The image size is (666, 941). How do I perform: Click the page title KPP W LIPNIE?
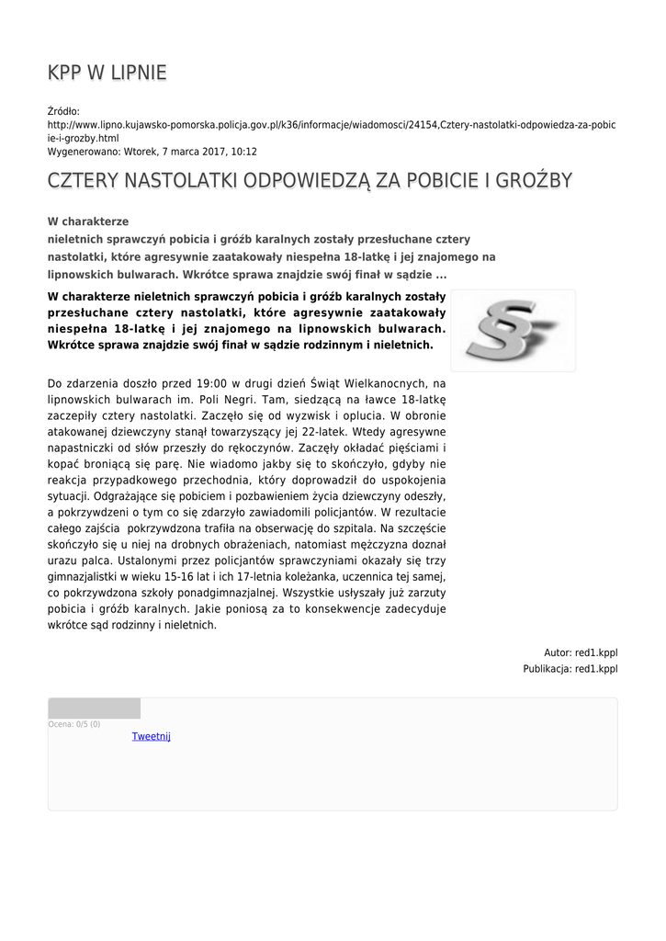pyautogui.click(x=107, y=73)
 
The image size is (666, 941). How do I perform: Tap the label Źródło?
pyautogui.click(x=64, y=111)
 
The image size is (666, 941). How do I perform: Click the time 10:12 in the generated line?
pyautogui.click(x=243, y=152)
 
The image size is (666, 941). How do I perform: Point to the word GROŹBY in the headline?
pyautogui.click(x=532, y=180)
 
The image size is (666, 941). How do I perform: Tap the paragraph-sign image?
pyautogui.click(x=513, y=331)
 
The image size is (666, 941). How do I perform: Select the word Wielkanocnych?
pyautogui.click(x=385, y=383)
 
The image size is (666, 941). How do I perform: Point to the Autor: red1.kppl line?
pyautogui.click(x=581, y=652)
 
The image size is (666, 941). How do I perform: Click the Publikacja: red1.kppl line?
pyautogui.click(x=570, y=669)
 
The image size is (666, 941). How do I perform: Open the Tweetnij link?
pyautogui.click(x=152, y=736)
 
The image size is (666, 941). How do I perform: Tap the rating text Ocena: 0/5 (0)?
pyautogui.click(x=74, y=724)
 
